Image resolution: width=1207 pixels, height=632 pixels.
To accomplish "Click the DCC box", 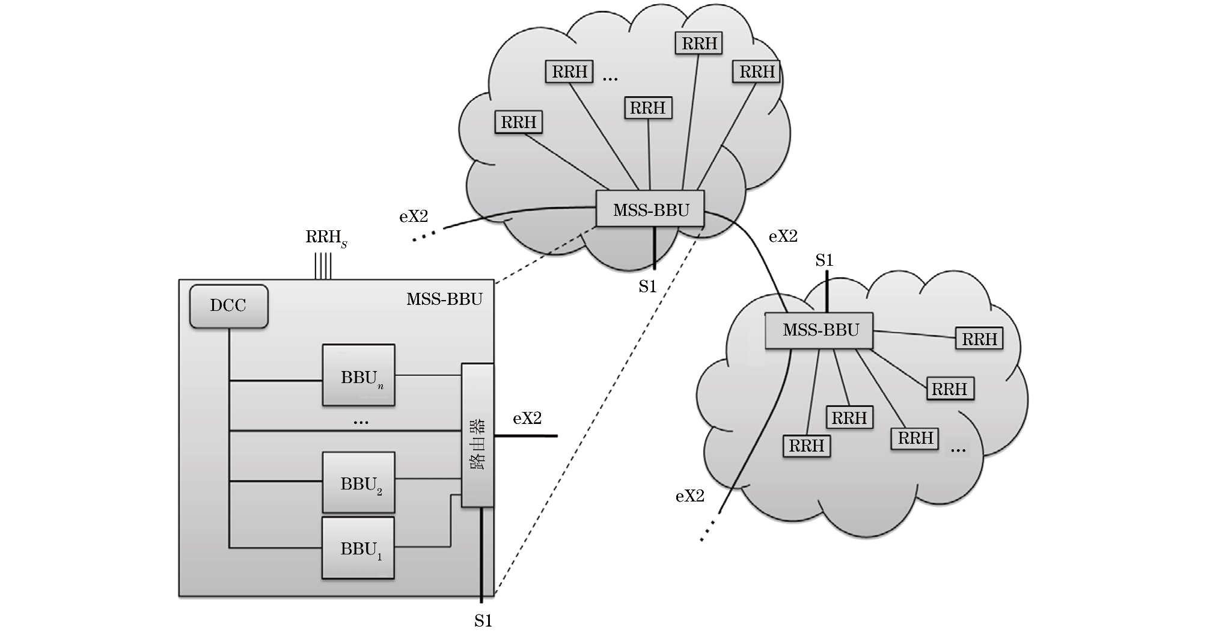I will (228, 306).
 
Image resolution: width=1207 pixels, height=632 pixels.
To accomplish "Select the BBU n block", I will (358, 375).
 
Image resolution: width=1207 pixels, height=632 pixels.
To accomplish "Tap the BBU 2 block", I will (358, 482).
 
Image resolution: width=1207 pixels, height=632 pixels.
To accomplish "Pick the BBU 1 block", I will (358, 548).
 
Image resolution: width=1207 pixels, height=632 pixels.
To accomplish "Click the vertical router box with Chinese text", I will (477, 435).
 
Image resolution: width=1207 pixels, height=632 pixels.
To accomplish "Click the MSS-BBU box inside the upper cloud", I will (650, 209).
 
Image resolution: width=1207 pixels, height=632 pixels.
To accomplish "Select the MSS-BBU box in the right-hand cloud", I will (819, 330).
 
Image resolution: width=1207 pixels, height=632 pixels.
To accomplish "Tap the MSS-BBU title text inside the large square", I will (444, 299).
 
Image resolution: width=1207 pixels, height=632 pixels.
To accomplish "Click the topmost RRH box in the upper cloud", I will (698, 43).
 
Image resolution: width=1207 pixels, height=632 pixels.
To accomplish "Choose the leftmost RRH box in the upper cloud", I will (518, 122).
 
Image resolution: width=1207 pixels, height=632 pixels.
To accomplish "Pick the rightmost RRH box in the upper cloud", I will (756, 72).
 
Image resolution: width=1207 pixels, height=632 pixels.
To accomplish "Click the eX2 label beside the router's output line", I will (527, 419).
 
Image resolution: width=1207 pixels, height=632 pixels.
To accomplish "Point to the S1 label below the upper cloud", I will (647, 287).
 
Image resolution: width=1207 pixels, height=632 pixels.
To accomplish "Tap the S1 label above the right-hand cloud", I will (824, 260).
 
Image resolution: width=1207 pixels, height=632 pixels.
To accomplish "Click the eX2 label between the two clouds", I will (783, 236).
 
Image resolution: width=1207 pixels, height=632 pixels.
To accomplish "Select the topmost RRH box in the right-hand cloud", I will (979, 339).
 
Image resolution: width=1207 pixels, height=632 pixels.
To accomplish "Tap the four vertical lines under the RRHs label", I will (323, 266).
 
